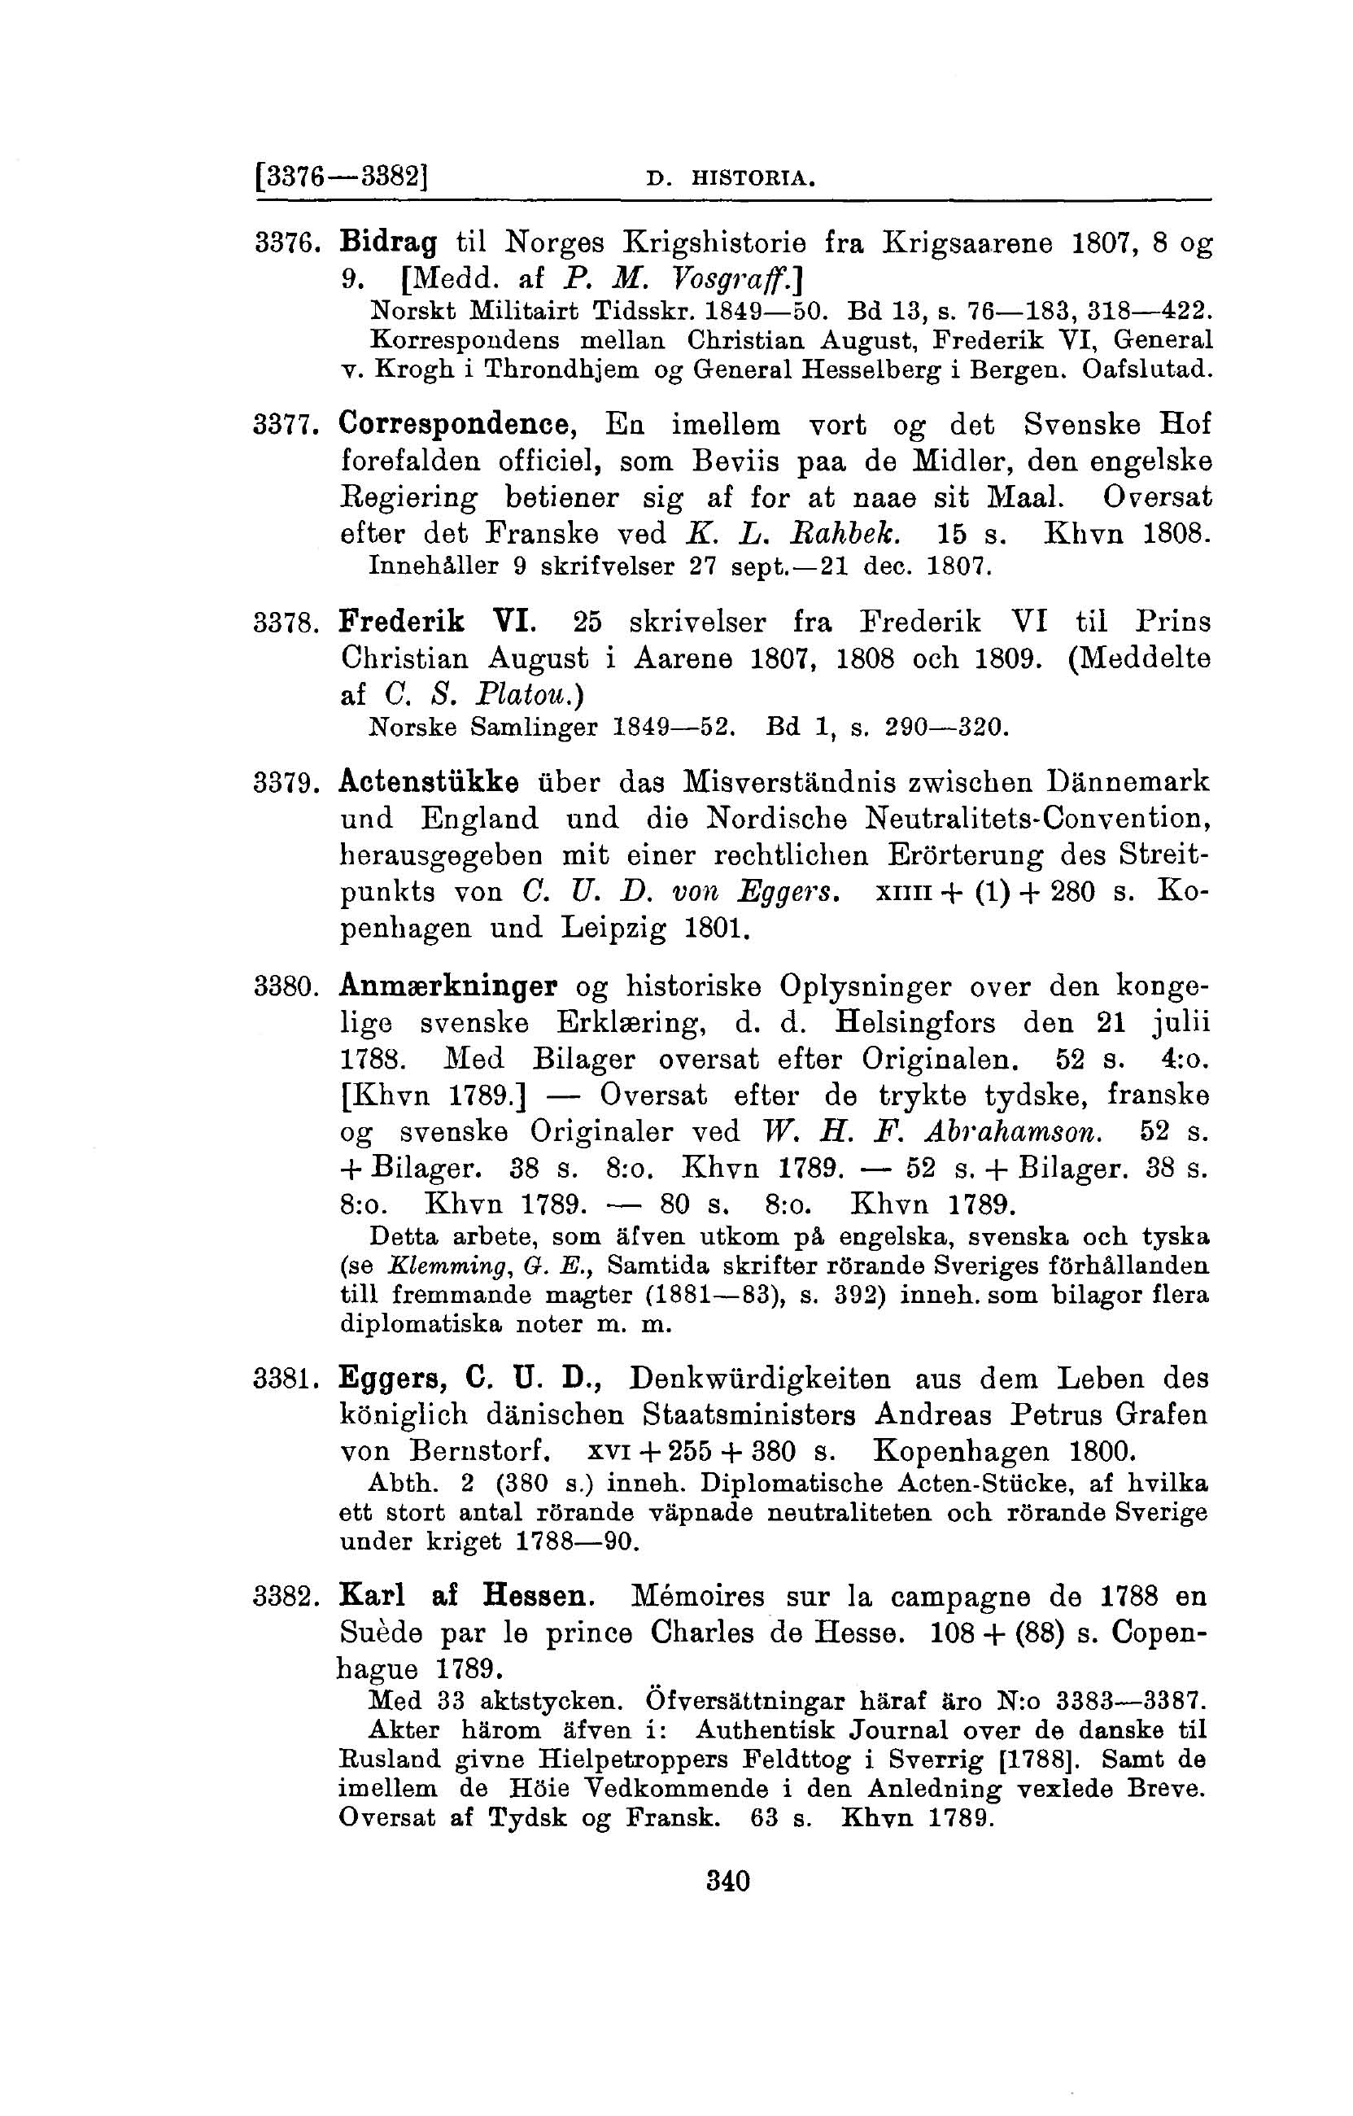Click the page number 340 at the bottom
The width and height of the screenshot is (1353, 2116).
point(728,1882)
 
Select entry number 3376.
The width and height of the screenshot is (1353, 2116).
point(279,243)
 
